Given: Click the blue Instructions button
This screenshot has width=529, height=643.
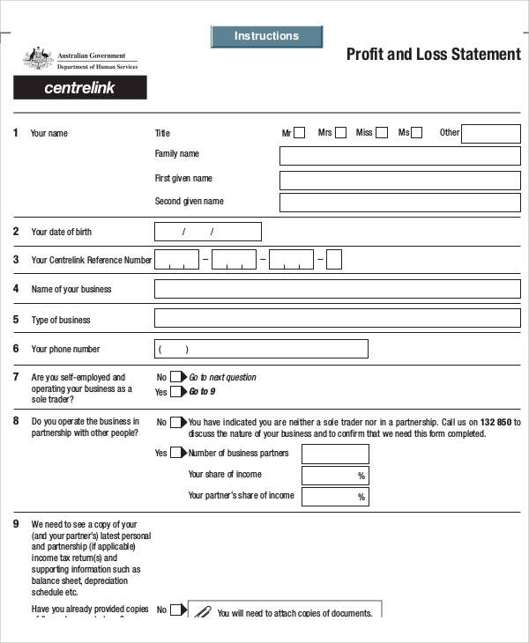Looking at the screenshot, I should [x=266, y=36].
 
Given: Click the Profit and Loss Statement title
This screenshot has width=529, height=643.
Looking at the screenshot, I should [x=433, y=55].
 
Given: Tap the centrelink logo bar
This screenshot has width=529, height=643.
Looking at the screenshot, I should [x=80, y=88].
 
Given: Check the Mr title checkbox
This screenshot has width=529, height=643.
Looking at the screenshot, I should [x=300, y=133].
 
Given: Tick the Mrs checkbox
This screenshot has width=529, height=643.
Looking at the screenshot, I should [x=340, y=133].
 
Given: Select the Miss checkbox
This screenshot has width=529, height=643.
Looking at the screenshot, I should [x=381, y=133].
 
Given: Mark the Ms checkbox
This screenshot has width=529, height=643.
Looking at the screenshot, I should [x=417, y=133].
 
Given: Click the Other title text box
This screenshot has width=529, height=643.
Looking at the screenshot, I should [x=490, y=134].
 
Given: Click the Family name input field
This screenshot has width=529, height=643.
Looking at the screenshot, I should [x=399, y=156].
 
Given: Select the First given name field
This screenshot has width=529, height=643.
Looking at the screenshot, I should [x=399, y=181].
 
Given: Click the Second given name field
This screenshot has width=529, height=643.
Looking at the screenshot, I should [x=399, y=203].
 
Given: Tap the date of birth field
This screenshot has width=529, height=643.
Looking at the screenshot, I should [x=208, y=232].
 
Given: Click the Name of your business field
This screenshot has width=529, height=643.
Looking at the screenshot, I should [x=338, y=289].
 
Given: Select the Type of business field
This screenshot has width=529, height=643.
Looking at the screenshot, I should [x=338, y=318].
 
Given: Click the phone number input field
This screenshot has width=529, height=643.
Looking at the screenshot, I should [x=261, y=349].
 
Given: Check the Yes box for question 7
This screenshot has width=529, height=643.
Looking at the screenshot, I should [x=176, y=392].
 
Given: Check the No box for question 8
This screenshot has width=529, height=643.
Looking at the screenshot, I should [x=176, y=422].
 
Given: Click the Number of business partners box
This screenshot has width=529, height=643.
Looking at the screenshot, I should [x=335, y=454].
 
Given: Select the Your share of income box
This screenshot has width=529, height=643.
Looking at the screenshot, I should [x=335, y=476].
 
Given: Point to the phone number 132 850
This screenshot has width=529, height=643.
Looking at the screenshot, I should [x=496, y=422].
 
